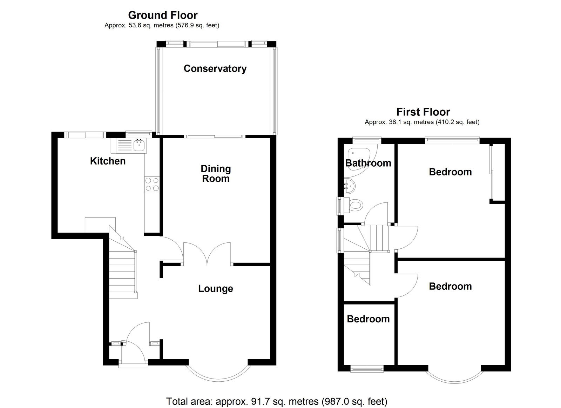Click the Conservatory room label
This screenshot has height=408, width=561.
(x=215, y=69)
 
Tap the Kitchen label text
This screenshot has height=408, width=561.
(x=108, y=161)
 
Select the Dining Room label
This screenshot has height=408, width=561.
(x=216, y=173)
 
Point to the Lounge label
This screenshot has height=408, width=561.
(x=215, y=288)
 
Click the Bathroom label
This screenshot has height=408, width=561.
(x=368, y=163)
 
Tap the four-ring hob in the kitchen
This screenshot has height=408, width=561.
(x=152, y=184)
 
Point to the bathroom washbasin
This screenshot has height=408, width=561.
(x=349, y=186)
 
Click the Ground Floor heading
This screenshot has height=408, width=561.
(x=163, y=15)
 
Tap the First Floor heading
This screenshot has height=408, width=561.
(x=423, y=112)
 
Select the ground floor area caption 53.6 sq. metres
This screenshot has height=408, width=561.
(x=162, y=25)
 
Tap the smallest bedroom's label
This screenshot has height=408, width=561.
(x=368, y=319)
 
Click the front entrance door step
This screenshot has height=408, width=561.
(x=133, y=366)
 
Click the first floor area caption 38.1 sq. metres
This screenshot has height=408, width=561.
(x=422, y=122)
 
